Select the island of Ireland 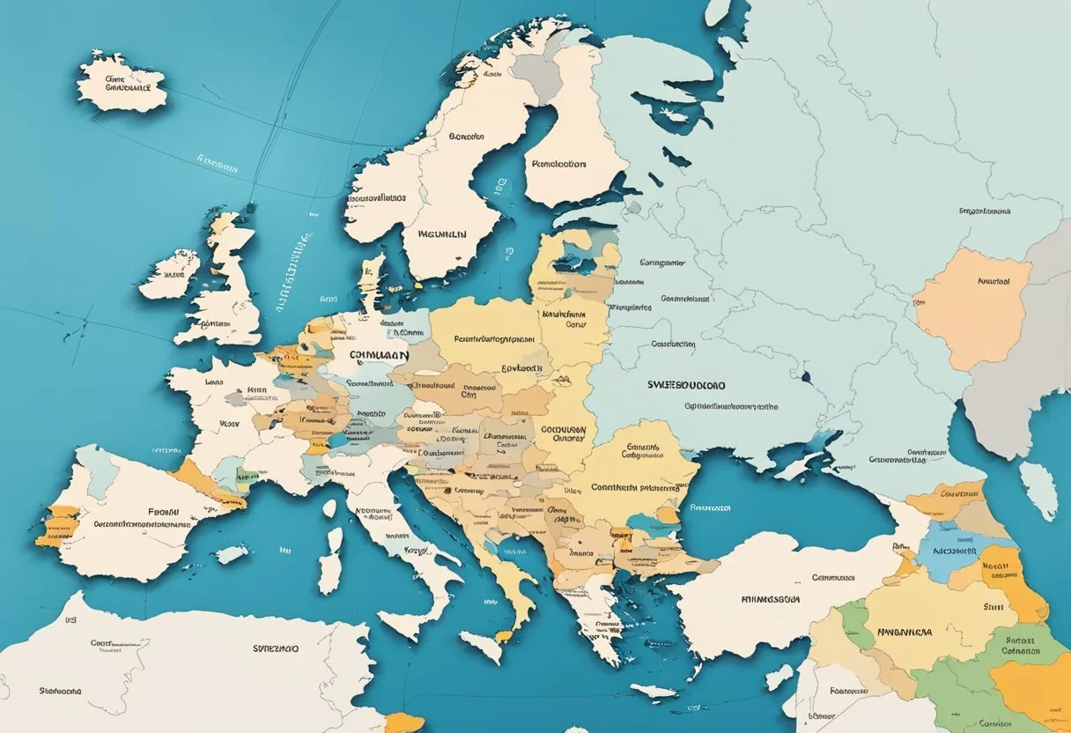pyautogui.click(x=169, y=274)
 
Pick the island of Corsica pyautogui.click(x=329, y=508)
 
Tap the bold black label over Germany pyautogui.click(x=379, y=355)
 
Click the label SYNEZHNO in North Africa pyautogui.click(x=275, y=648)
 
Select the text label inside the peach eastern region pyautogui.click(x=993, y=283)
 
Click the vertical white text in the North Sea pyautogui.click(x=291, y=273)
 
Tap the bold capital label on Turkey pyautogui.click(x=770, y=599)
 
